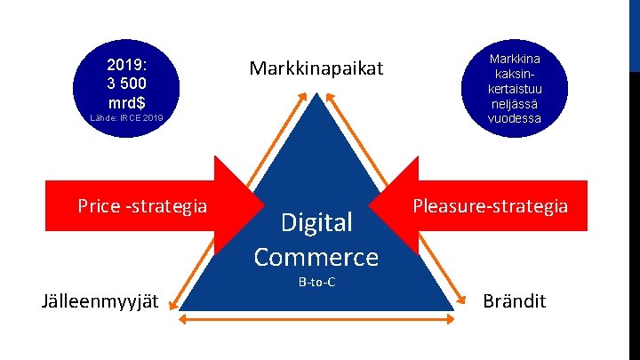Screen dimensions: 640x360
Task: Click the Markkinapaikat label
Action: pyautogui.click(x=316, y=68)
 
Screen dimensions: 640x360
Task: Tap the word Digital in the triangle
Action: pyautogui.click(x=316, y=221)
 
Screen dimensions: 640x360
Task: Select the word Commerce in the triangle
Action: pyautogui.click(x=316, y=257)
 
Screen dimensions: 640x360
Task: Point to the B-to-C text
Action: pyautogui.click(x=316, y=283)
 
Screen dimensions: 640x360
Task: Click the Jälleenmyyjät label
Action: pyautogui.click(x=100, y=301)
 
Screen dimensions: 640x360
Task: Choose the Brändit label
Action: pyautogui.click(x=514, y=301)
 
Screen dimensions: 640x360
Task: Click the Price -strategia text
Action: pyautogui.click(x=142, y=206)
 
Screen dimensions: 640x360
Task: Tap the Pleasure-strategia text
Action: pyautogui.click(x=490, y=206)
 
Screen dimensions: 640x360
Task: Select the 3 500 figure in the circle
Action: pyautogui.click(x=127, y=82)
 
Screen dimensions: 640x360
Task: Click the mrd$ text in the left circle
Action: pyautogui.click(x=127, y=98)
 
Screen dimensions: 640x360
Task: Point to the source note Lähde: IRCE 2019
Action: pyautogui.click(x=127, y=117)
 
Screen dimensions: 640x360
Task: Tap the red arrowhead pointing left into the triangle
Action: pyautogui.click(x=399, y=206)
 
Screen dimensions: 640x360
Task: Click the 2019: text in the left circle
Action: pyautogui.click(x=127, y=66)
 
